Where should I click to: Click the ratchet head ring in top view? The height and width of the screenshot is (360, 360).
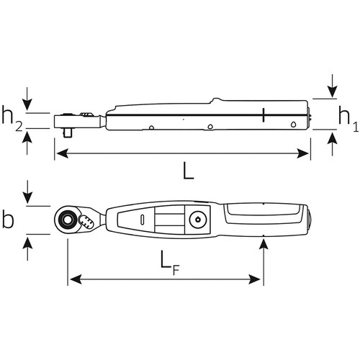coord(70,217)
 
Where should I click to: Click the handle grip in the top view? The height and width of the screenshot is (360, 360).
coord(263,217)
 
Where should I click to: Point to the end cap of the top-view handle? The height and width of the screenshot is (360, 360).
coord(306,218)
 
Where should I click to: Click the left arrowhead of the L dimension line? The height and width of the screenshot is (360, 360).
coord(60,152)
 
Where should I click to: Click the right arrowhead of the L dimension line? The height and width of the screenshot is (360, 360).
coord(306,152)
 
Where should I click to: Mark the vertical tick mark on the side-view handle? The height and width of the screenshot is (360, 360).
coord(264,114)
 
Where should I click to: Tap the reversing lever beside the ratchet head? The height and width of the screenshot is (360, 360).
coord(89,222)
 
